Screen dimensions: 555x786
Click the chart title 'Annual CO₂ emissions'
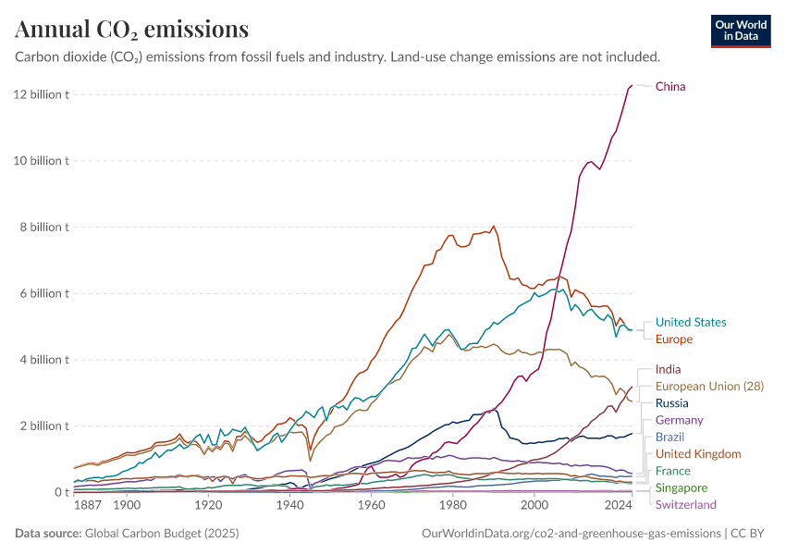(131, 30)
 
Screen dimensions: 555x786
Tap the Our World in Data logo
(740, 31)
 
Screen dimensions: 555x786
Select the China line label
(670, 87)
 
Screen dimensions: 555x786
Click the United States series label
(691, 323)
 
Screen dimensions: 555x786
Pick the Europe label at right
(674, 339)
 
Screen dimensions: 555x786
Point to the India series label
(669, 370)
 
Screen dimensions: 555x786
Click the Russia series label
(671, 403)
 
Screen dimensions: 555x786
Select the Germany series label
(680, 420)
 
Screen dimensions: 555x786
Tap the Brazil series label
(670, 437)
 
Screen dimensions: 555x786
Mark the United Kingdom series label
(698, 454)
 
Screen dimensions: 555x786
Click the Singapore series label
(682, 487)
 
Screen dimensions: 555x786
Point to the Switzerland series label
(685, 505)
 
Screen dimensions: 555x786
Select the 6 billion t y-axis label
(43, 293)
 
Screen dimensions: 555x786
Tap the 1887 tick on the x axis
(88, 506)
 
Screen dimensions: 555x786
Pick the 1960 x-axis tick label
(371, 506)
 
